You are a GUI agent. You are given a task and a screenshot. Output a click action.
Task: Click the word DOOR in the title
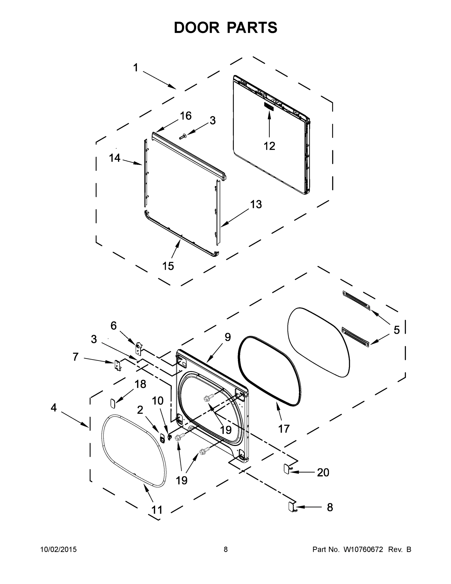coord(196,27)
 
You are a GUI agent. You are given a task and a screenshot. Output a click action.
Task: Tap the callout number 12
coord(269,146)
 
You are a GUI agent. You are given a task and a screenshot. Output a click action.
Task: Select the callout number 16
coord(186,116)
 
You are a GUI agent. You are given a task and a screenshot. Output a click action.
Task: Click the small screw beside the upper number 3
coord(183,137)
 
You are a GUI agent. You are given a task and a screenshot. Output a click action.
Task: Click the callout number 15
coord(168,266)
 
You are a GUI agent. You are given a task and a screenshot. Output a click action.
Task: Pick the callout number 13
coord(256,204)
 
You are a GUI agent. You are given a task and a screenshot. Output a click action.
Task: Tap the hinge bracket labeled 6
coord(138,347)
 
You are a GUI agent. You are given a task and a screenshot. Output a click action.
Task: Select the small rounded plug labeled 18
coord(113,403)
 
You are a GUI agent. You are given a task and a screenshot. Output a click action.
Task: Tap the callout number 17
coord(284,429)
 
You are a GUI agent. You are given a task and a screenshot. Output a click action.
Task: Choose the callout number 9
coord(228,337)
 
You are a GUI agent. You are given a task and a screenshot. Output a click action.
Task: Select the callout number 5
coord(397,330)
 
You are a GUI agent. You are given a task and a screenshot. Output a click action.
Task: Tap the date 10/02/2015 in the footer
coord(58,549)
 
